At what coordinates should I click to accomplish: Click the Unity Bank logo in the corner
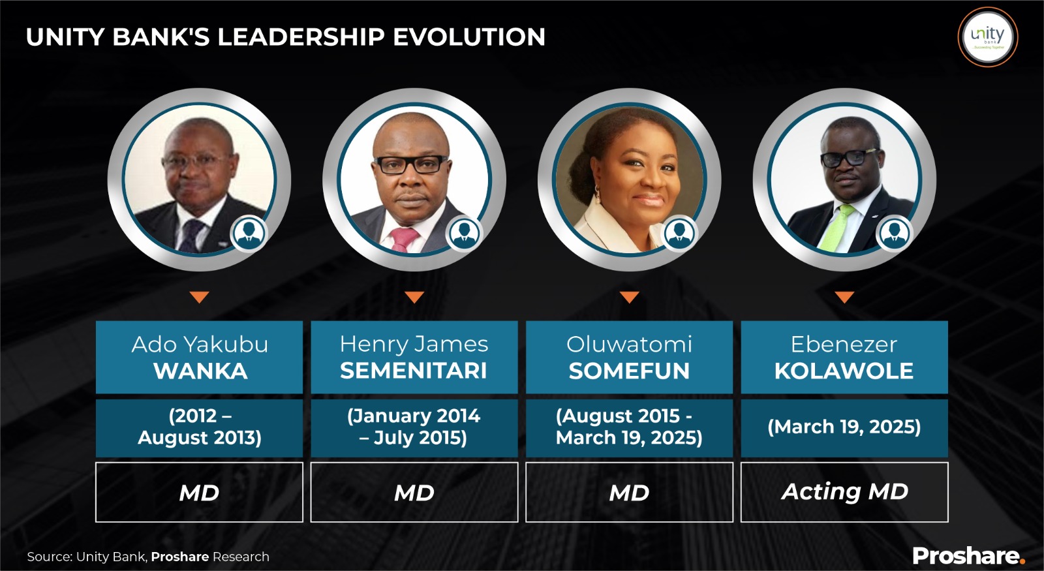coord(988,37)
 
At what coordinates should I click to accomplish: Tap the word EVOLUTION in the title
coord(469,37)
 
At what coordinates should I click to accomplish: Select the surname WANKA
coord(200,371)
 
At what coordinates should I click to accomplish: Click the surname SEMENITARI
coord(414,371)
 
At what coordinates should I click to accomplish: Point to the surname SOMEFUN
coord(629,371)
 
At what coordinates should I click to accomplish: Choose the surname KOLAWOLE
coord(844,371)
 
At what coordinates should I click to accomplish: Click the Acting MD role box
coord(844,492)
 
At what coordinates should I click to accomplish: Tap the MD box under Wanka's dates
coord(200,492)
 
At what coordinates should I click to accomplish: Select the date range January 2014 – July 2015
coord(414,427)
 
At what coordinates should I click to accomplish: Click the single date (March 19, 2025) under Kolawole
coord(844,427)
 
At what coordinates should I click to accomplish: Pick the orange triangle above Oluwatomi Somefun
coord(629,297)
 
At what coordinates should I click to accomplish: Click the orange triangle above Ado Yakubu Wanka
coord(200,297)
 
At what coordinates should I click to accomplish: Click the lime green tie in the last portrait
coord(836,228)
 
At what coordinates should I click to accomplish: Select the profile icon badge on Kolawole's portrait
coord(894,233)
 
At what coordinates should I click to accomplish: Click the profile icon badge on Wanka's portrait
coord(249,233)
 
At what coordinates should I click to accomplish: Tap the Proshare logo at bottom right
coord(968,555)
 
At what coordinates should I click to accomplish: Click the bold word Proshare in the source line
coord(180,557)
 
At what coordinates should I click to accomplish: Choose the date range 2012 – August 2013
coord(200,427)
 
